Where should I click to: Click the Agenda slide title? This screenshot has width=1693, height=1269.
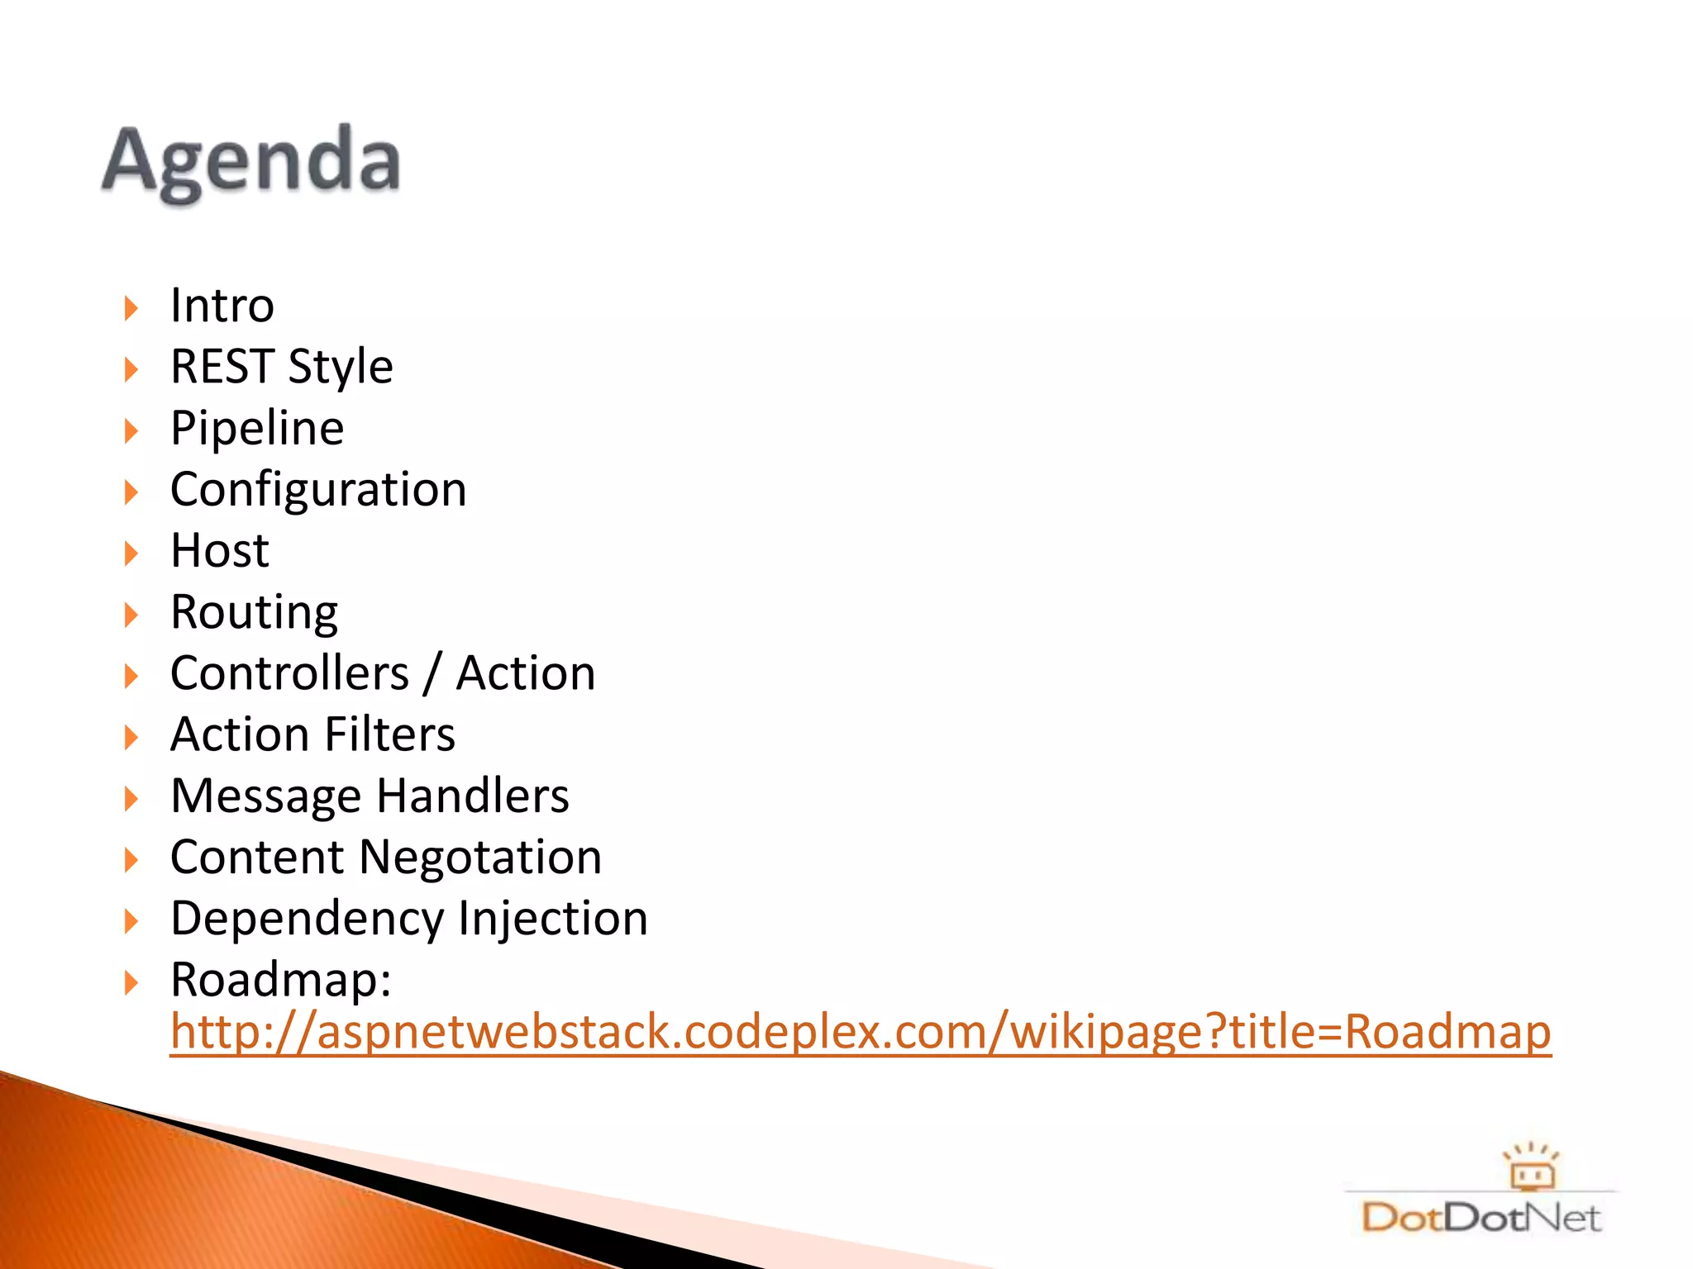[x=251, y=161]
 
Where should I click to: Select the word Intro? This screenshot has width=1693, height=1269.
[x=222, y=306]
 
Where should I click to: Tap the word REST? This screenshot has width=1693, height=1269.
[x=222, y=367]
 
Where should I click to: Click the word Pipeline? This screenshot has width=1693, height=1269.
[x=257, y=429]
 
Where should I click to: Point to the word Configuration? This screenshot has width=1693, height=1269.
[x=318, y=490]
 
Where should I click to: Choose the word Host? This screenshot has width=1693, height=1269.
[x=219, y=551]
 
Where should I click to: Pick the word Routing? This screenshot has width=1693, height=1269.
[x=254, y=613]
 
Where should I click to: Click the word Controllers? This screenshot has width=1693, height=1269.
[x=289, y=673]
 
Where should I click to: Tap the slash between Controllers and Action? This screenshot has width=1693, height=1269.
[x=432, y=673]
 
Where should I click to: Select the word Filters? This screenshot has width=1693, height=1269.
[x=389, y=734]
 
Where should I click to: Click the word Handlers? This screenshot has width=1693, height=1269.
[x=472, y=796]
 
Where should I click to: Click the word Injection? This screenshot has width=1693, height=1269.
[x=553, y=920]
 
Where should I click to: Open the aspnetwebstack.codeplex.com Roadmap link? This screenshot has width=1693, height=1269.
[x=860, y=1032]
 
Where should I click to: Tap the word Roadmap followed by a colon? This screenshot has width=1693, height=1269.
[x=280, y=981]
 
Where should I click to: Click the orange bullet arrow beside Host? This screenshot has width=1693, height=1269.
[x=131, y=553]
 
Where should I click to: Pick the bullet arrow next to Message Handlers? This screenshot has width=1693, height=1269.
[x=131, y=798]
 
